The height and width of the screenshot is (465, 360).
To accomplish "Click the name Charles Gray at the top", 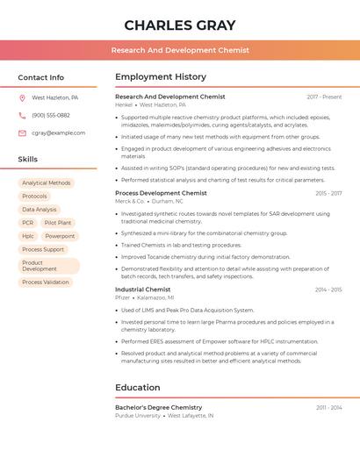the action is (x=180, y=25).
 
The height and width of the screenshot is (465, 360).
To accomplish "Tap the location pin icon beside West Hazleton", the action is (x=22, y=98).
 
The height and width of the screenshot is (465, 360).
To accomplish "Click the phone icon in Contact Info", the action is (x=22, y=116).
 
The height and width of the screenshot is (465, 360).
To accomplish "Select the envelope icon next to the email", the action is (x=22, y=133).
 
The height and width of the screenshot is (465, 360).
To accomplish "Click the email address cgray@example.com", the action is (x=59, y=133).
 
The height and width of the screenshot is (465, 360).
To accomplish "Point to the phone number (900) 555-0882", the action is (x=51, y=116).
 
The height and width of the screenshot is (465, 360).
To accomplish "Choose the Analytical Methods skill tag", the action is (x=47, y=183).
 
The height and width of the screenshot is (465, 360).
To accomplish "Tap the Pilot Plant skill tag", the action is (x=58, y=223).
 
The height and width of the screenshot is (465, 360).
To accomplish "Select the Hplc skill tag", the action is (x=28, y=236).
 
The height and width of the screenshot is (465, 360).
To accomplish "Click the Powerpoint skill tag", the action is (x=60, y=236).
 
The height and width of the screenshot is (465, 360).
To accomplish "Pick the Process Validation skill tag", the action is (x=46, y=283).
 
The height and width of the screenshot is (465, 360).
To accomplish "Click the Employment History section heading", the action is (x=161, y=77).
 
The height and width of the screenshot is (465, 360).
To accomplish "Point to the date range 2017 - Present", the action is (x=324, y=97).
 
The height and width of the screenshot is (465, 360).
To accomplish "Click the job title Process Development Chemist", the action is (x=161, y=193).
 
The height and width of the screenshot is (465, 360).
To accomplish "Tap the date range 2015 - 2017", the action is (x=328, y=193).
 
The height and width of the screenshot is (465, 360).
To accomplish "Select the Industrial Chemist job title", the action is (x=142, y=290).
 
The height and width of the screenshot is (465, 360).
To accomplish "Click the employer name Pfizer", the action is (x=122, y=297).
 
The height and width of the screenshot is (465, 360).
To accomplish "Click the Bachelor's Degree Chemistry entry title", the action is (x=158, y=408).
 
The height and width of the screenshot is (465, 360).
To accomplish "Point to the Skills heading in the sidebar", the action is (x=28, y=160).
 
